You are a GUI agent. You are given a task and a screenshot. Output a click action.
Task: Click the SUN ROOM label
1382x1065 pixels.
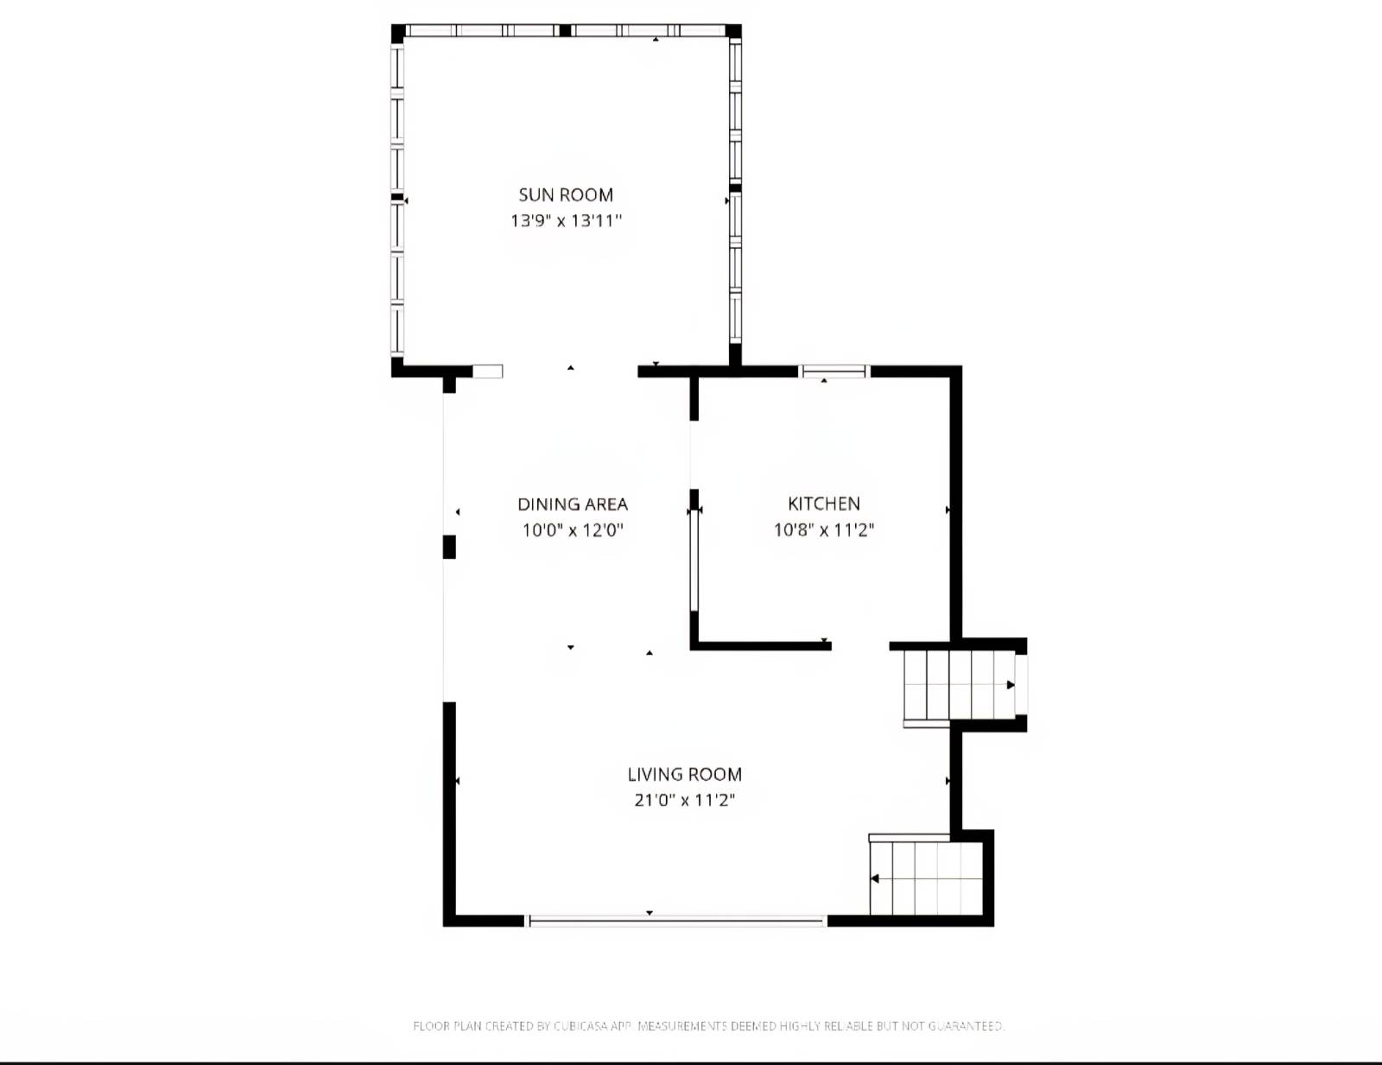coord(566,195)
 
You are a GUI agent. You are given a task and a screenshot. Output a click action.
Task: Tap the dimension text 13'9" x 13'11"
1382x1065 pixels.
coord(566,220)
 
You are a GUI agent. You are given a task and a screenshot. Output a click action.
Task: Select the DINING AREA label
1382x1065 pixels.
coord(573,504)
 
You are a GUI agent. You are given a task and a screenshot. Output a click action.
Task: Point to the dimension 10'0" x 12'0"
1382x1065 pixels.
coord(573,529)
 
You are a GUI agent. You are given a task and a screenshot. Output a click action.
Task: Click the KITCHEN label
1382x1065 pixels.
coord(824,504)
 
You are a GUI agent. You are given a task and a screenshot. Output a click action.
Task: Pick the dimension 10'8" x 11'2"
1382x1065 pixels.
coord(824,529)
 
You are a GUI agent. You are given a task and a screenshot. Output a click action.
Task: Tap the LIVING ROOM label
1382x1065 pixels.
coord(685,775)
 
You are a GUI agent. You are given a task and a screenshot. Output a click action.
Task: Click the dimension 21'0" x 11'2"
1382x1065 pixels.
coord(685,800)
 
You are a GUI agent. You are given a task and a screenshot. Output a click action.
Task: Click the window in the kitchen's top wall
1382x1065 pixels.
coord(834,371)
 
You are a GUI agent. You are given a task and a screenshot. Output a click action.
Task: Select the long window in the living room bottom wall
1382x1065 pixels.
coord(676,922)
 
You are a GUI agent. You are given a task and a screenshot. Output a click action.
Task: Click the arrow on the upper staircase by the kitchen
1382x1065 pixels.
coord(1010,685)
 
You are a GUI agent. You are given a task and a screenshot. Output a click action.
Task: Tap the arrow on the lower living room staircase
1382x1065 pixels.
coord(875,879)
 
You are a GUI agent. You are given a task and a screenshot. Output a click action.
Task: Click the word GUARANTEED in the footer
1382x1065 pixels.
coord(966,1026)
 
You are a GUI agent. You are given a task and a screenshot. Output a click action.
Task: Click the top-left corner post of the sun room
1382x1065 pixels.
coord(398,33)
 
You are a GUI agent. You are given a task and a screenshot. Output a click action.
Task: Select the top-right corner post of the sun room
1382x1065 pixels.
coord(733,32)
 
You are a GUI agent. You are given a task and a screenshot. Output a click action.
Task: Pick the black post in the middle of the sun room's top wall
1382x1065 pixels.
coord(565,31)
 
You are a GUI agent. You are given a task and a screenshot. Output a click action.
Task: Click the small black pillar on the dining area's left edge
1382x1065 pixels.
coord(449,547)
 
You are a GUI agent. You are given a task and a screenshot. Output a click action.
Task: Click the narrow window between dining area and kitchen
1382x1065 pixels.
coord(693,561)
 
